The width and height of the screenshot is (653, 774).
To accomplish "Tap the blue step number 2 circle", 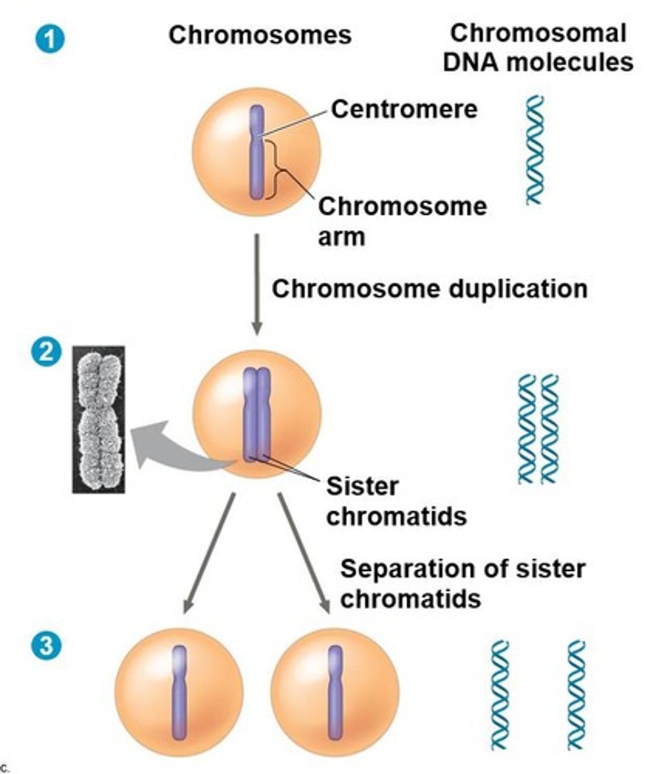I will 49,352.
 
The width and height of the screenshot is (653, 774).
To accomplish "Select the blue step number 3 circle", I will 46,646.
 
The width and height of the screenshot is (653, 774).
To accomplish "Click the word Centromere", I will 404,109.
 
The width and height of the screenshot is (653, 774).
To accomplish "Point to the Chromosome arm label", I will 401,221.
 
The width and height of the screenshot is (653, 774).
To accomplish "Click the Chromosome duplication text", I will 429,288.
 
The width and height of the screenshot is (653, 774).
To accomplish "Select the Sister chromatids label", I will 396,501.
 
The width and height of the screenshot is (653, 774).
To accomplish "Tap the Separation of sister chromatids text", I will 462,584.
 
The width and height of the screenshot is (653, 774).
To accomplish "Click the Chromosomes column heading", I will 259,35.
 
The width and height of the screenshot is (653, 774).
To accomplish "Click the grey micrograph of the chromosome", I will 99,419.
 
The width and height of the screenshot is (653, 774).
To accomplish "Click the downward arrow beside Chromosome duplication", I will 257,284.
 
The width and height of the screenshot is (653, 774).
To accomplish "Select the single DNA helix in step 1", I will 534,150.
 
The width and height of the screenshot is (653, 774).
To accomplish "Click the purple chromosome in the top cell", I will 257,153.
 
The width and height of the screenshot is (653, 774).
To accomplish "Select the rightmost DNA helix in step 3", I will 576,695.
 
